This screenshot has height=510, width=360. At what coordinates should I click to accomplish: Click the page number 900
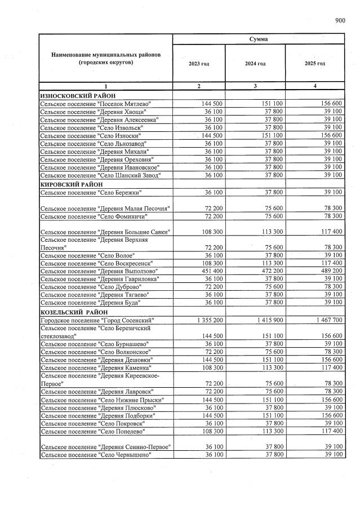coord(340,21)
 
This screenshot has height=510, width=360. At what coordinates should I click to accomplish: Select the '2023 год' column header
coord(199,64)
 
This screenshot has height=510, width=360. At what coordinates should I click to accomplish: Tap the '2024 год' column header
coord(255,64)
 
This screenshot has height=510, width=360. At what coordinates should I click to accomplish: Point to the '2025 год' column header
coord(315,64)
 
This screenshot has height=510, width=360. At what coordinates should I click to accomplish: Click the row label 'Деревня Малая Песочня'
coord(105,209)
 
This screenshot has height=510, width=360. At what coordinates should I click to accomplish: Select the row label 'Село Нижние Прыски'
coord(99,400)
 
